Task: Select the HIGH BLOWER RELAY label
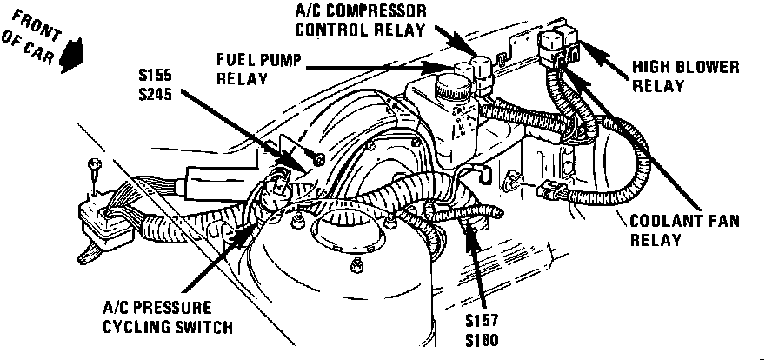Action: (x=673, y=75)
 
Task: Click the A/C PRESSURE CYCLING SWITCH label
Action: (x=168, y=317)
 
